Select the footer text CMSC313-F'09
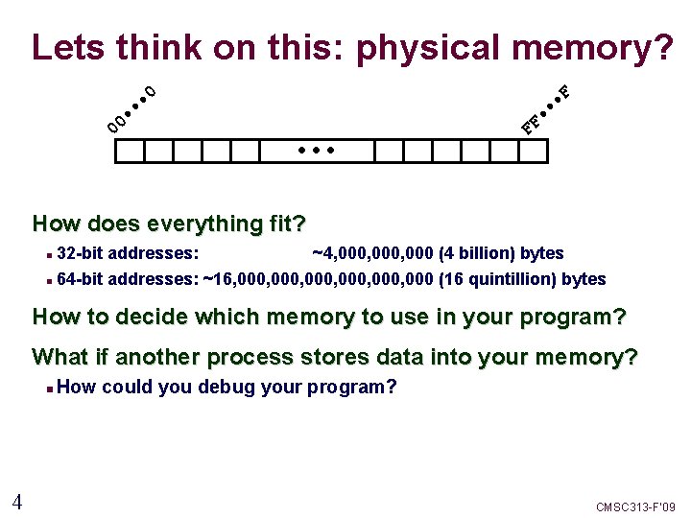point(635,506)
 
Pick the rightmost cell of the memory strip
point(533,151)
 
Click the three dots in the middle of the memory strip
point(316,151)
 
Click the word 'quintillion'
point(506,280)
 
